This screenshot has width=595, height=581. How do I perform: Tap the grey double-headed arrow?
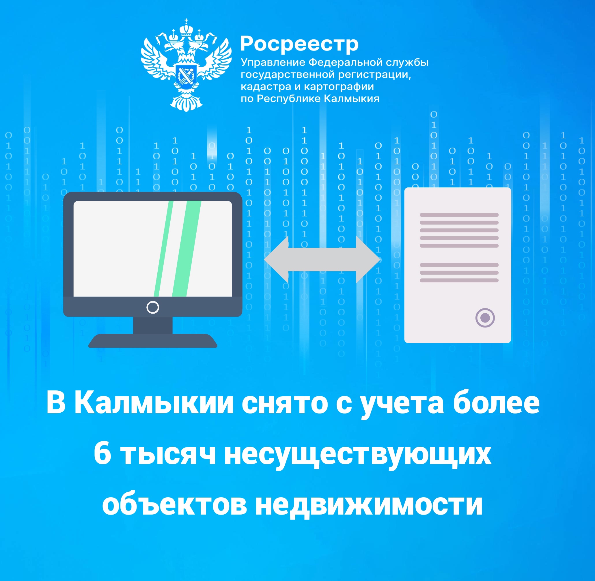click(x=322, y=259)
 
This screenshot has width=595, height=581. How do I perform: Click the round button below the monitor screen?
click(x=153, y=307)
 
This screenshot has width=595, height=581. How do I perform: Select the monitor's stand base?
click(x=153, y=340)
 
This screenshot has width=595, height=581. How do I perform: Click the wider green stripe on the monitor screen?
click(x=187, y=248)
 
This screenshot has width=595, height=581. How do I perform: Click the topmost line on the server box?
click(x=459, y=215)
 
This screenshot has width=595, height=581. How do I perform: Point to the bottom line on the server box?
click(x=459, y=280)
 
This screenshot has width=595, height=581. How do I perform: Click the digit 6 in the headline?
click(x=102, y=454)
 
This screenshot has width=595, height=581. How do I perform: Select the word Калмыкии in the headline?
click(x=154, y=403)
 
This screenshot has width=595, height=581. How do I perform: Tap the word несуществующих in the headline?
click(x=358, y=456)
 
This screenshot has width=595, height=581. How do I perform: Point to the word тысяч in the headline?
click(x=168, y=455)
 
